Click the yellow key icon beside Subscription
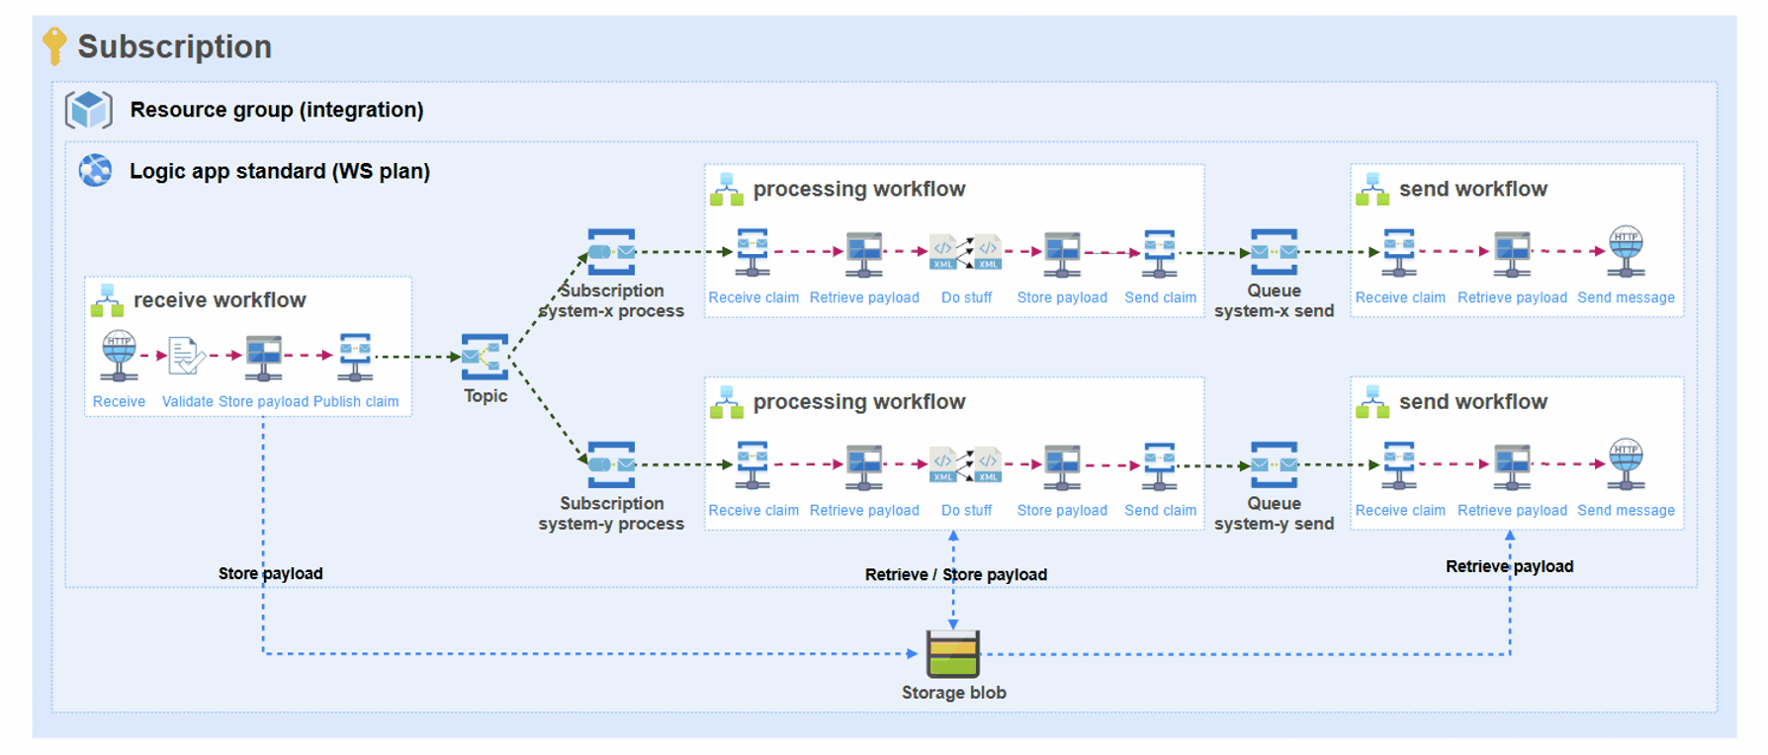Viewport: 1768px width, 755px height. (55, 44)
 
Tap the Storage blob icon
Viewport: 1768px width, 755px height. (953, 653)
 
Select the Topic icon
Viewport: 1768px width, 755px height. (485, 357)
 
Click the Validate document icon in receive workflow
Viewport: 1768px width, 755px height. (186, 356)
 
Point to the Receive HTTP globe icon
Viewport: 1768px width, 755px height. (119, 355)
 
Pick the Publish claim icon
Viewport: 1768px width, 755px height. (355, 356)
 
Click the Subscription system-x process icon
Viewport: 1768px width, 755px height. (611, 251)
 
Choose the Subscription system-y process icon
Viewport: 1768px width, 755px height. (611, 463)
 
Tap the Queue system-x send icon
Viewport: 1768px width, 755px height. (1274, 251)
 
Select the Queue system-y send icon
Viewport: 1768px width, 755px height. (1274, 463)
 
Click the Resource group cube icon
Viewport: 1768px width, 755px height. (89, 110)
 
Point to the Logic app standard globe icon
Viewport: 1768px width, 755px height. (96, 170)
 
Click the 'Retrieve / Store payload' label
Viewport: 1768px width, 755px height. (955, 574)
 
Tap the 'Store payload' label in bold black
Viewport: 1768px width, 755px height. (270, 573)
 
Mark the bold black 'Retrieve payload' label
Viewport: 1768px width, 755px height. (1509, 566)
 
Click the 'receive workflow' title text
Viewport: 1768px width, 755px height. (220, 299)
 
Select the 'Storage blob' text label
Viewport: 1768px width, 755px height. (953, 693)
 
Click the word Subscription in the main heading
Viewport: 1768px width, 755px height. (174, 46)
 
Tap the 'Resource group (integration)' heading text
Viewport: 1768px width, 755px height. (277, 110)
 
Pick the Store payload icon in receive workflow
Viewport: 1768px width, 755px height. (263, 356)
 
